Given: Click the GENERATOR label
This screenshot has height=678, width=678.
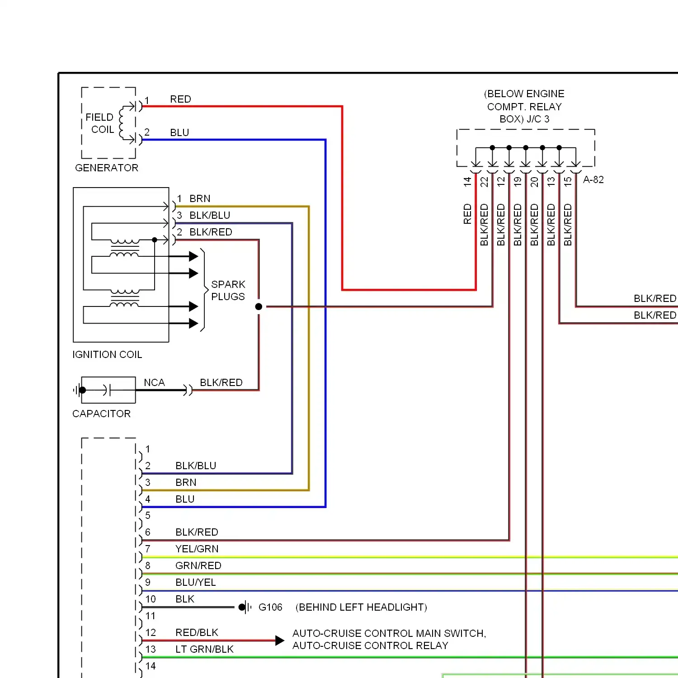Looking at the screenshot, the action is click(x=107, y=168).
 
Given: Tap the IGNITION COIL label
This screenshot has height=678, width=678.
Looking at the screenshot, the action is click(x=107, y=354).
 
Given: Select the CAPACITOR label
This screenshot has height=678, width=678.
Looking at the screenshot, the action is click(x=101, y=414).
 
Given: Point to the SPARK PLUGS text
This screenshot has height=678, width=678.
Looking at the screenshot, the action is click(x=228, y=290).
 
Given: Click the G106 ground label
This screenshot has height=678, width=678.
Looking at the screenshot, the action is click(x=270, y=607).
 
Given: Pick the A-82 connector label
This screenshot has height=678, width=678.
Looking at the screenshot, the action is click(x=593, y=179).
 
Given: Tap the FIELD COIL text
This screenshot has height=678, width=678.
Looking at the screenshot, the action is click(x=100, y=123).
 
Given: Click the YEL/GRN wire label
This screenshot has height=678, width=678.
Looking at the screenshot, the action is click(x=197, y=549).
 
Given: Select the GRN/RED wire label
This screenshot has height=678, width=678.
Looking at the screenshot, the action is click(x=198, y=565).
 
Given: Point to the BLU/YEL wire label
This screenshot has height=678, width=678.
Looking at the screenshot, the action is click(x=196, y=582).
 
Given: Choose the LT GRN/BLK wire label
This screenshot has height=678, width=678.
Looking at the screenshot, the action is click(x=204, y=649).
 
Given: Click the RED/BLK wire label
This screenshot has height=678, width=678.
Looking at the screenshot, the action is click(x=197, y=632).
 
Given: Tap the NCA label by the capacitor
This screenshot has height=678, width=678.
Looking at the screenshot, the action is click(x=154, y=382).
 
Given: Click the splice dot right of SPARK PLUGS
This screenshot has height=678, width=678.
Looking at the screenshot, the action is click(x=259, y=306).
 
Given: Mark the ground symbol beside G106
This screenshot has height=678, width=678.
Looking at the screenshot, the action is click(x=245, y=607).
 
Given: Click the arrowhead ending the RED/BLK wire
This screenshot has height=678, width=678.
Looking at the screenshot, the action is click(x=280, y=640).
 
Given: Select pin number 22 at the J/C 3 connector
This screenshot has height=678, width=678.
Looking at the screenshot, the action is click(x=484, y=182).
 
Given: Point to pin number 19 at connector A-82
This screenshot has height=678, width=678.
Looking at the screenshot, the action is click(x=518, y=182).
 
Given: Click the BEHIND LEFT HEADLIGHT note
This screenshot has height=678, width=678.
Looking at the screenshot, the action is click(x=361, y=607).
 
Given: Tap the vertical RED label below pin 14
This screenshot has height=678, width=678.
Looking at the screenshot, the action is click(x=467, y=214).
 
